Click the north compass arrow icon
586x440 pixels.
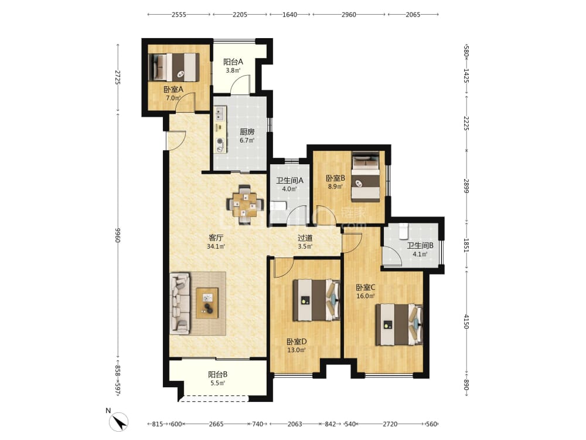pos(118,422)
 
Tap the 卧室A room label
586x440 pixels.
pos(173,90)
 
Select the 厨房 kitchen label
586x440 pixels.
pos(247,131)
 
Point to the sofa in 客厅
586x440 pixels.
pos(180,303)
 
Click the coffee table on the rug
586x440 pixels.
pos(207,303)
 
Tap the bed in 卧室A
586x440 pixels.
pos(174,67)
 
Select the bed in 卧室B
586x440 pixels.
pos(366,177)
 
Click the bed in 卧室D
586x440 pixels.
pos(316,300)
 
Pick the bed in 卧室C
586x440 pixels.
pos(399,324)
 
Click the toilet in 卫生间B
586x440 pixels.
pos(403,231)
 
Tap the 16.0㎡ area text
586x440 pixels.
pos(365,296)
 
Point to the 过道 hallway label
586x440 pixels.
pos(305,238)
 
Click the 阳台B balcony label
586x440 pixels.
pos(218,374)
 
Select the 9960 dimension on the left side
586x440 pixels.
pos(118,235)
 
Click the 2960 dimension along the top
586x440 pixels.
pos(349,15)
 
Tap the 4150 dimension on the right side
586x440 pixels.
pos(466,321)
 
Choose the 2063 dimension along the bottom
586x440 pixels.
pos(295,424)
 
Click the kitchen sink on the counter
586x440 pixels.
pos(219,114)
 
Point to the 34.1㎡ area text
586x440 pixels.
pos(216,246)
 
